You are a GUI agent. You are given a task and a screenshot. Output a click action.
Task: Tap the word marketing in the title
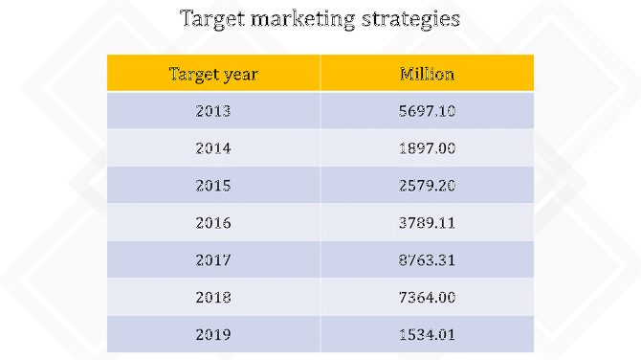coord(305,19)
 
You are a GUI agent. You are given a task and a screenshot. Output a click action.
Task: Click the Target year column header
coord(213,74)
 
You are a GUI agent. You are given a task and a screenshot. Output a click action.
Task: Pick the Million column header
coord(427,74)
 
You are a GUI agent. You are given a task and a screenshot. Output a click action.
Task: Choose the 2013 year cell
coord(213,111)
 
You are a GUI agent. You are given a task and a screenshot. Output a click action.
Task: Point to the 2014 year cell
coord(213,148)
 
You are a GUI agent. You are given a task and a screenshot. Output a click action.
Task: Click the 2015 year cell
coord(213,185)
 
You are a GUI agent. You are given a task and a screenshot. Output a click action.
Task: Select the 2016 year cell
coord(213,222)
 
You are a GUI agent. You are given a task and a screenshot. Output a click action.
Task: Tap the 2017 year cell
coord(213,259)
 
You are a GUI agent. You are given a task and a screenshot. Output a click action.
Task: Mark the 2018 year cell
coord(213,297)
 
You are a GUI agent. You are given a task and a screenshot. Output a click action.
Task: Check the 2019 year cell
coord(213,334)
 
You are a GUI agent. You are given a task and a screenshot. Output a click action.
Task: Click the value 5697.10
coord(427,111)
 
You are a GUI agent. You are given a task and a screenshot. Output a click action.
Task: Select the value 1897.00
coord(427,148)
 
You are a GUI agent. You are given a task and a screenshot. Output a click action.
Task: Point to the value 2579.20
coord(427,185)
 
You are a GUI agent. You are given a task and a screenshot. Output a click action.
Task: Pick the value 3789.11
coord(427,222)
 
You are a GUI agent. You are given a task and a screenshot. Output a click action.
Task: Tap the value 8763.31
coord(427,259)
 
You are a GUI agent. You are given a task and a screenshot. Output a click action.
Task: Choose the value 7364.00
coord(427,297)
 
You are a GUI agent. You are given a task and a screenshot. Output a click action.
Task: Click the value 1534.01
coord(427,334)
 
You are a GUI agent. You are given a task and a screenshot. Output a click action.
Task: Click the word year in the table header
coord(239,75)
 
